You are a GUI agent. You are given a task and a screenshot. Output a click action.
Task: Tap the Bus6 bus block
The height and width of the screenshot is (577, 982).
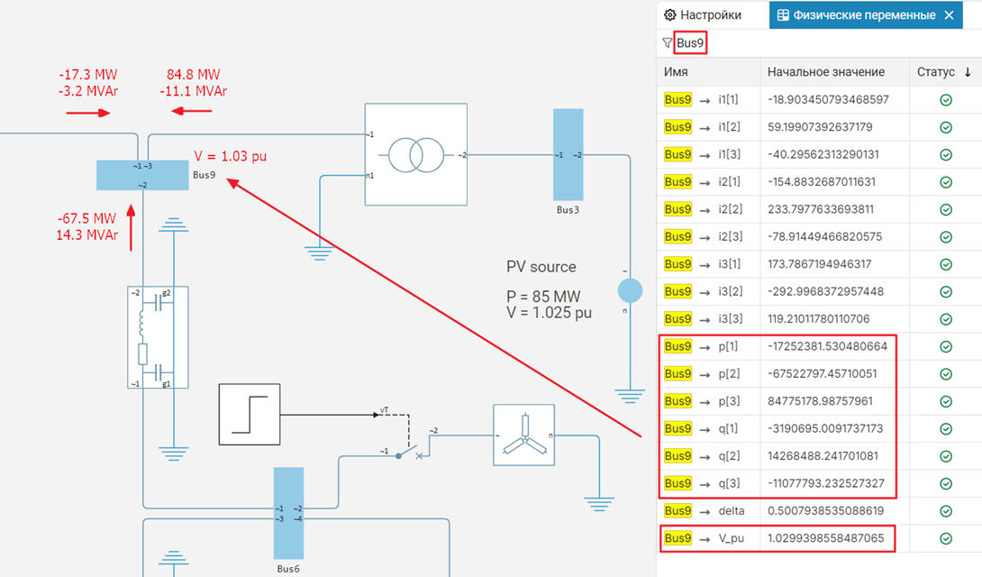coord(288,513)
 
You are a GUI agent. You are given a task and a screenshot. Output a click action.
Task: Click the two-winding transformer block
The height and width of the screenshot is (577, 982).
coord(415,154)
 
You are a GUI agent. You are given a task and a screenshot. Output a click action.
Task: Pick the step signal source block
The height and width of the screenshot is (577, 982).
coord(249,414)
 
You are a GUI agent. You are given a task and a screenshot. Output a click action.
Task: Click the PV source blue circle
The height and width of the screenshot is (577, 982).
coord(629,290)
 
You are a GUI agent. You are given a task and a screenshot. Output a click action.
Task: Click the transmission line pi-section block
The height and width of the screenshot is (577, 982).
coord(159,337)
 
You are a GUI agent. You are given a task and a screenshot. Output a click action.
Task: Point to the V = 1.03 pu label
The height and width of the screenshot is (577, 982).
coord(231,156)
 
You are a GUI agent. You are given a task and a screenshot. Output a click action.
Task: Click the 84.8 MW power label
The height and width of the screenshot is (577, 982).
coord(193,75)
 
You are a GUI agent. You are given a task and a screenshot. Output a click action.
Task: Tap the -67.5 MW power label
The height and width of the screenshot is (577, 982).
coord(86,219)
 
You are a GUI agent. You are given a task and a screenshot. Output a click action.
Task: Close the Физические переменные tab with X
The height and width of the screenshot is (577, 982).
coord(949,15)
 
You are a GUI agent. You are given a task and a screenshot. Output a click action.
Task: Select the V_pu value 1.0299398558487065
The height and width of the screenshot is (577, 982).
coord(832,538)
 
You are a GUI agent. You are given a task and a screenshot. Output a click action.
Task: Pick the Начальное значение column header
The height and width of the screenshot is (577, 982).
coord(825,72)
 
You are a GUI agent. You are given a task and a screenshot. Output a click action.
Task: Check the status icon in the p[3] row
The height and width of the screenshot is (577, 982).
coord(945,400)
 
